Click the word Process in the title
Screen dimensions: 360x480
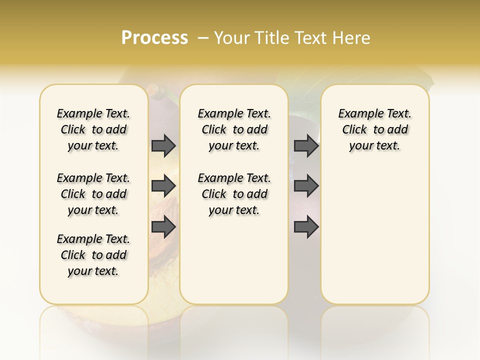tap(154, 38)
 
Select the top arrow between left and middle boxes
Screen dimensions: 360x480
tap(163, 145)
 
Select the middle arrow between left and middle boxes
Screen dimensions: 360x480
tap(163, 186)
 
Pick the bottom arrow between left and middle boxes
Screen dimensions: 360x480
tap(163, 227)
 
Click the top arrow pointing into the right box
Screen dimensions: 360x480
tap(306, 145)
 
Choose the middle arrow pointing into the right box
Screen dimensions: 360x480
tap(306, 186)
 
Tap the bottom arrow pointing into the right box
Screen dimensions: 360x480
tap(306, 227)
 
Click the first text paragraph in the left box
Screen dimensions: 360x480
tap(93, 129)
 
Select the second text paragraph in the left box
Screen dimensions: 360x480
tap(93, 194)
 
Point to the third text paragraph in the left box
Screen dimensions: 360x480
tap(93, 255)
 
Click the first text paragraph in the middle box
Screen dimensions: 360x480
tap(234, 129)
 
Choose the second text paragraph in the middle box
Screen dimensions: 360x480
tap(234, 194)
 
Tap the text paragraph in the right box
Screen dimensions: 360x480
tap(374, 129)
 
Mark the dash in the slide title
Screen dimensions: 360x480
tap(203, 38)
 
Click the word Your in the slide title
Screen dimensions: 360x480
tap(232, 38)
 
